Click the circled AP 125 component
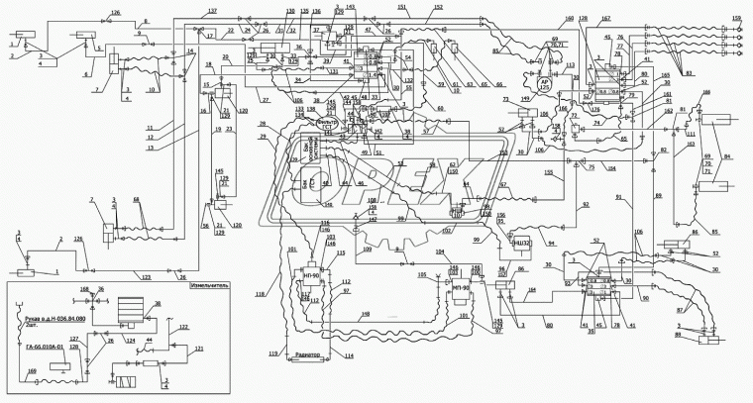(543, 84)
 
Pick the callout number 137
(211, 10)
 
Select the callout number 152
(437, 8)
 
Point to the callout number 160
(570, 20)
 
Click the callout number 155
(547, 173)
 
